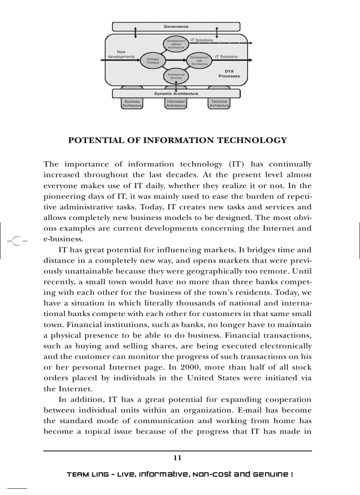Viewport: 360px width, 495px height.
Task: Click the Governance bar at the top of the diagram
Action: (x=176, y=27)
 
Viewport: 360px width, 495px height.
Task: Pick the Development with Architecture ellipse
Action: (x=199, y=60)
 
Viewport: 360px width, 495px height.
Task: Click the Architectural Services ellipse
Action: (x=176, y=76)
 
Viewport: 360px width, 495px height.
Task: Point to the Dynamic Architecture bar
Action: (x=176, y=93)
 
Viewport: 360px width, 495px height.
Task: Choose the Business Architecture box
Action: (x=132, y=104)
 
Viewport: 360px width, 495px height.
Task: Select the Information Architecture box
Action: (x=176, y=104)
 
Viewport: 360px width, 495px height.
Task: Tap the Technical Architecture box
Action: (x=219, y=104)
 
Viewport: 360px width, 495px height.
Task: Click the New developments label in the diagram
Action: (x=121, y=54)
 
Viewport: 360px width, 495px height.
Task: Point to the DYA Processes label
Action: (x=229, y=74)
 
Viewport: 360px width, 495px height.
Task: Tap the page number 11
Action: (x=177, y=458)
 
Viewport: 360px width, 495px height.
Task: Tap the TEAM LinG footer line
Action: (x=180, y=475)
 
